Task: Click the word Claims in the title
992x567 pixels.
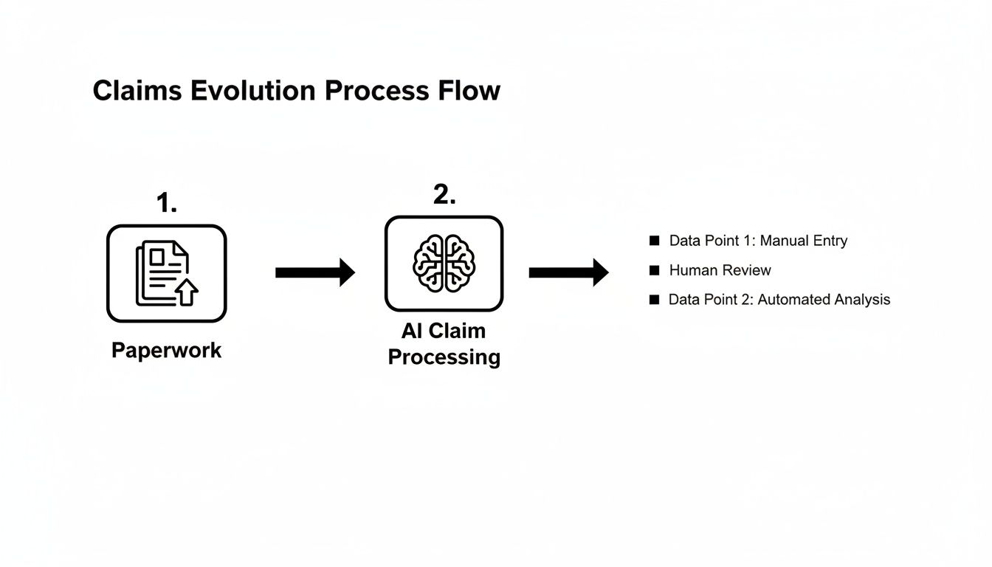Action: click(x=137, y=91)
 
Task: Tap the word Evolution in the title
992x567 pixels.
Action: click(x=255, y=91)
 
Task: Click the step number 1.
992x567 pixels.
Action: click(x=167, y=202)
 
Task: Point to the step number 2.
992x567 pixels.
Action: click(x=444, y=195)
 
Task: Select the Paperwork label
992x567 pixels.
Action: click(x=167, y=350)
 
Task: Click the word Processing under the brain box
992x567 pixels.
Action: click(x=444, y=357)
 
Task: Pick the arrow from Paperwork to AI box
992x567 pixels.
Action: click(x=314, y=272)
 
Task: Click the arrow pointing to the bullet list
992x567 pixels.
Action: click(x=568, y=272)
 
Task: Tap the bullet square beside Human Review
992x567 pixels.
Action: click(x=653, y=270)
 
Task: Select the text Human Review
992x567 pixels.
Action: click(x=720, y=270)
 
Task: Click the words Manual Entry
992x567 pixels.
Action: click(x=804, y=241)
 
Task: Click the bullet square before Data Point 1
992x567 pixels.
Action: click(x=653, y=241)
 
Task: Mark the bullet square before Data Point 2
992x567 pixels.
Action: click(x=653, y=300)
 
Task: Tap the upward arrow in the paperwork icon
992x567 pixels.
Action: click(x=188, y=293)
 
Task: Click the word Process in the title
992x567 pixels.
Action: click(x=376, y=91)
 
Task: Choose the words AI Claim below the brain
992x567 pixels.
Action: click(x=444, y=331)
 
